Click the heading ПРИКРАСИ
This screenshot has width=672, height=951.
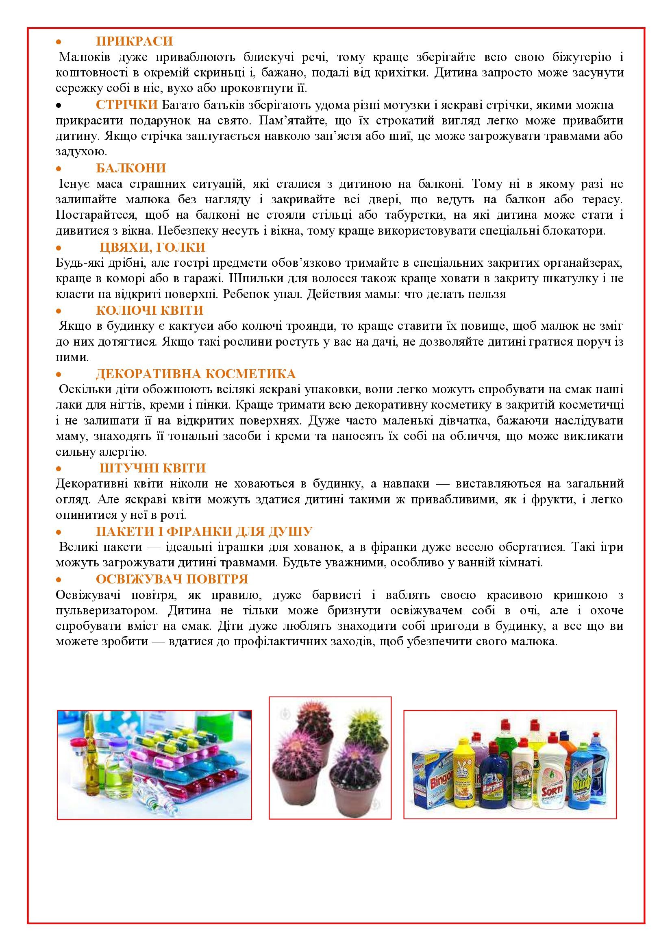pyautogui.click(x=134, y=41)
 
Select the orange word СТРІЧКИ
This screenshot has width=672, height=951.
pyautogui.click(x=127, y=105)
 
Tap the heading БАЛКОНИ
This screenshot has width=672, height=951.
pyautogui.click(x=131, y=168)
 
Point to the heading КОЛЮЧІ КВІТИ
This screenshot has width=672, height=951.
pyautogui.click(x=150, y=311)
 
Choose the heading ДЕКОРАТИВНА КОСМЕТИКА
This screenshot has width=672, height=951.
pyautogui.click(x=196, y=374)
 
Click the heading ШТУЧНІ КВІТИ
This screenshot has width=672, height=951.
pyautogui.click(x=152, y=468)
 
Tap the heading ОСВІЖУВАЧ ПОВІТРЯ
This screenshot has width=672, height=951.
pyautogui.click(x=172, y=579)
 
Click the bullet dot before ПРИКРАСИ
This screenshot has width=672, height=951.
pyautogui.click(x=59, y=42)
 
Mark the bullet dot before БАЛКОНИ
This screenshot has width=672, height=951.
pyautogui.click(x=59, y=169)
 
